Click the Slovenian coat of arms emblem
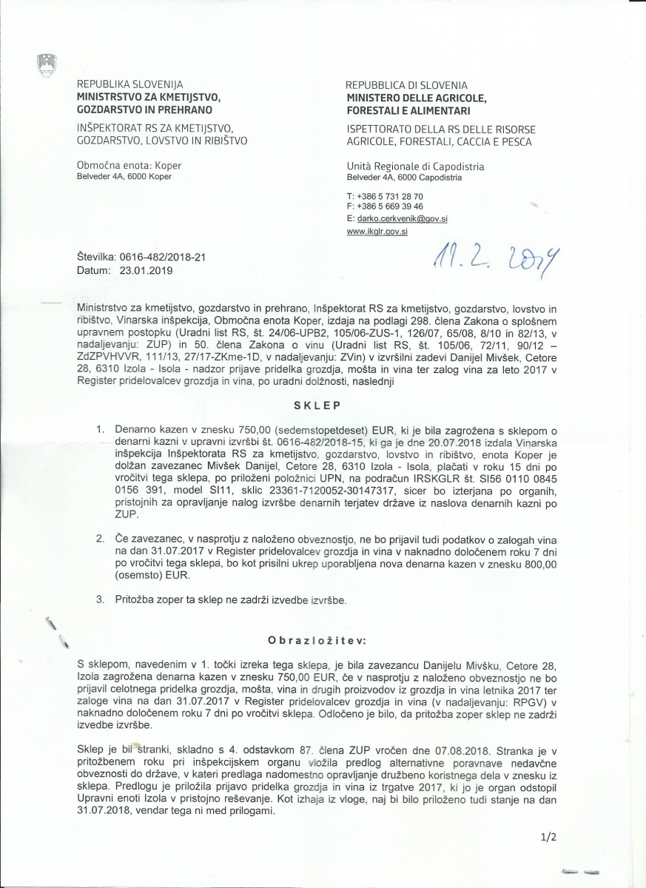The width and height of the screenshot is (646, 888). [47, 64]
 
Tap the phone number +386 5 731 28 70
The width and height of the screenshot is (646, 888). [389, 195]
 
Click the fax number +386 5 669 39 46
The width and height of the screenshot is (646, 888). [389, 206]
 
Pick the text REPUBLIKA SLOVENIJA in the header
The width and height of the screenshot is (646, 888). [129, 85]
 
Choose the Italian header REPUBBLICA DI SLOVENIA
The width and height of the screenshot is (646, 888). [406, 85]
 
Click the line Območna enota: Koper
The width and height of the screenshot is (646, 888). [129, 166]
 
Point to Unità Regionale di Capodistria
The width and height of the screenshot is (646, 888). [414, 166]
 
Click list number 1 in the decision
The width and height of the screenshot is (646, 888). [101, 430]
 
